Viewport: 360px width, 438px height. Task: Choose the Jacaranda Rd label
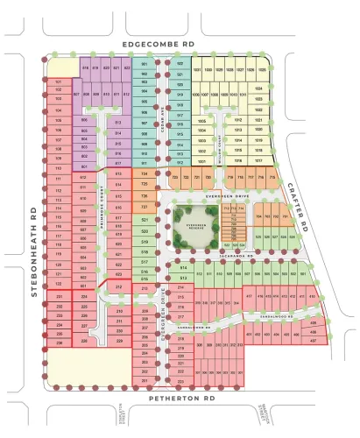[x=236, y=256]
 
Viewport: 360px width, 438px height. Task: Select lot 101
[x=59, y=81]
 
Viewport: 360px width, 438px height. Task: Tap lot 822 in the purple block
[x=126, y=67]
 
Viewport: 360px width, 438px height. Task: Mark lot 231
[x=59, y=296]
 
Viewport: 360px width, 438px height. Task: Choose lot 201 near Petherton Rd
[x=145, y=382]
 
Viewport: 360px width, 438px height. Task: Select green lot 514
[x=182, y=267]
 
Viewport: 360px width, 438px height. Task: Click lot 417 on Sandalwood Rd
[x=250, y=296]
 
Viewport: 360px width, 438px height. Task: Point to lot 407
[x=314, y=340]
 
